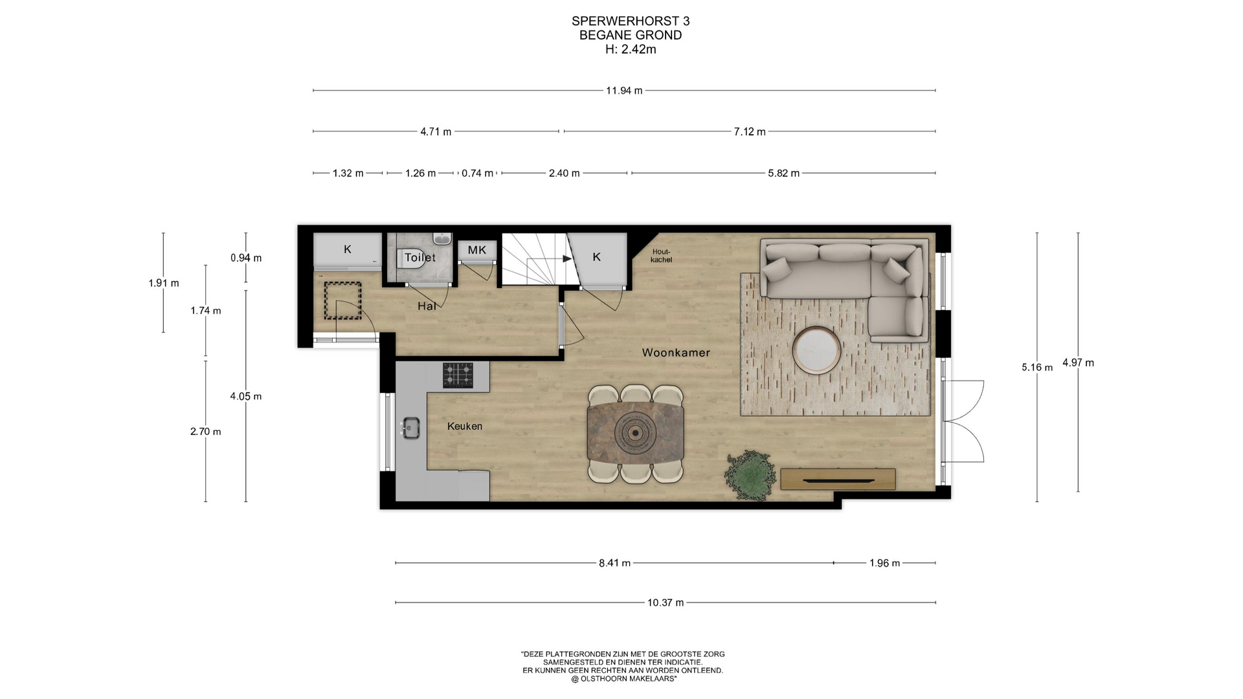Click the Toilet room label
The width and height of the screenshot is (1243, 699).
coord(420,257)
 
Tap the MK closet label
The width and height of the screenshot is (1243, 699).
coord(477,250)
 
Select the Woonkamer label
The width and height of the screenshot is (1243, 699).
coord(676,353)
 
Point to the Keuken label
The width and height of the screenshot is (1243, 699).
coord(465,426)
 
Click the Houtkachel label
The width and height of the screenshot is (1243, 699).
coord(661,256)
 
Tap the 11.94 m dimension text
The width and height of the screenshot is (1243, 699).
coord(624,91)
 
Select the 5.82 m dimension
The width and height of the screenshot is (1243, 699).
coord(784,173)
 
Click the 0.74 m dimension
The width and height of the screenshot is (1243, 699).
coord(478,173)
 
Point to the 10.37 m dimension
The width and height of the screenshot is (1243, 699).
coord(666,603)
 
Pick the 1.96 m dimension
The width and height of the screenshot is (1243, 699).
coord(884,563)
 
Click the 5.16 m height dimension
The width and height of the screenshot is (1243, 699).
coord(1037,368)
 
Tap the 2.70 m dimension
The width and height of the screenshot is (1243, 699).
coord(206,432)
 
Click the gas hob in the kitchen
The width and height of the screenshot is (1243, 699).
coord(458,375)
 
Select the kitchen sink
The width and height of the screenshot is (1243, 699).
coord(410,428)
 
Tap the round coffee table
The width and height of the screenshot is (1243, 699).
coord(816,350)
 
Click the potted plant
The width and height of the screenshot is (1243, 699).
coord(750,476)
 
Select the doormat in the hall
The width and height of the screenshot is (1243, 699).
coord(342,300)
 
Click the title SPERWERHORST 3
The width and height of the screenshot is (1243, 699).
coord(631,21)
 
